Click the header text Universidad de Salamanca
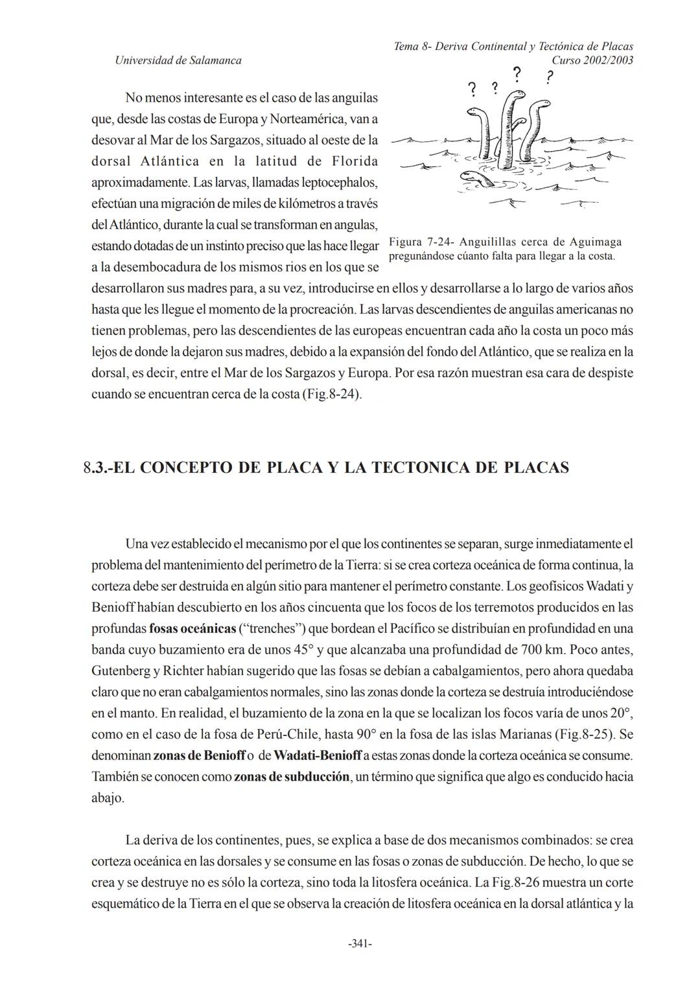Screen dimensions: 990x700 pos(178,60)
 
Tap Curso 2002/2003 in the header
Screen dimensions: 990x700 pos(592,60)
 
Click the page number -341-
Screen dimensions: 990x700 pos(360,944)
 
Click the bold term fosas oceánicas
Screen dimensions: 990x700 pos(188,628)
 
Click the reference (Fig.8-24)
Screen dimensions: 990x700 pos(331,394)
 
